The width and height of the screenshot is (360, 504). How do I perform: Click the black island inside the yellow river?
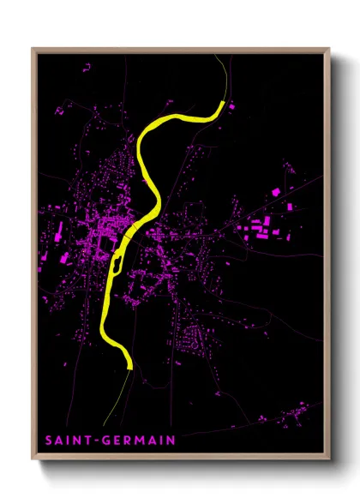pos(130,231)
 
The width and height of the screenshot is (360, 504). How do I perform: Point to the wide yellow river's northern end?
pos(220,105)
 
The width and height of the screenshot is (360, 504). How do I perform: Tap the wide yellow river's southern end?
pos(129,365)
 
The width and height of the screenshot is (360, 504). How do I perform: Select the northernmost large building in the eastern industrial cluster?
pos(277,192)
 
